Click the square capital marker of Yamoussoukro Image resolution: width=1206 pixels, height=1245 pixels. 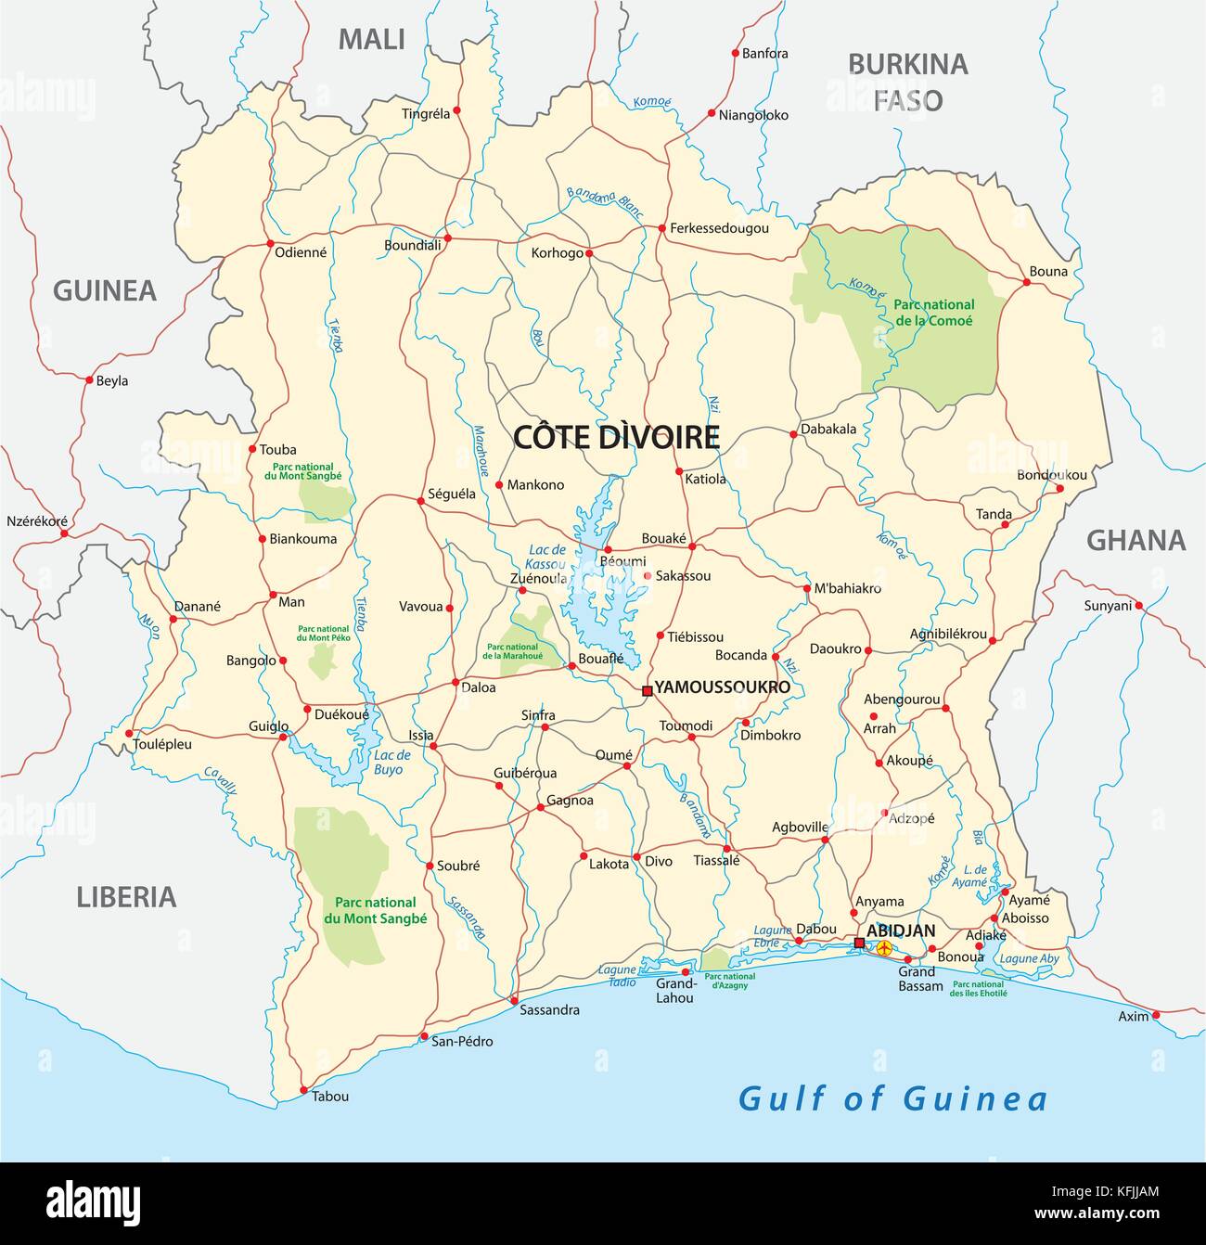(648, 690)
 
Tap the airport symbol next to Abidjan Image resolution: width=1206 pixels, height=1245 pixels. (884, 948)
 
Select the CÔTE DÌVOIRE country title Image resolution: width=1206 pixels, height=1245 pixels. (617, 437)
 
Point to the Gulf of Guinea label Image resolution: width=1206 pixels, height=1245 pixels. (892, 1099)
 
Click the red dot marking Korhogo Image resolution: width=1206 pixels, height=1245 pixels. (589, 252)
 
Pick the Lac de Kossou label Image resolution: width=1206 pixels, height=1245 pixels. (545, 557)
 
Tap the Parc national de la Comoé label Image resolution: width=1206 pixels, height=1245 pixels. (933, 312)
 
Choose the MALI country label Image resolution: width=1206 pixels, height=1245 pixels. (371, 39)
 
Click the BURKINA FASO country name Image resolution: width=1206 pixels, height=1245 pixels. (908, 82)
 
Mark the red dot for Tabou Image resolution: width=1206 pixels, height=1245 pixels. (303, 1090)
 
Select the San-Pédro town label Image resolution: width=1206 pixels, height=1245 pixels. (462, 1041)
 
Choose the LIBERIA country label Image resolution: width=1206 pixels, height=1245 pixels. (126, 896)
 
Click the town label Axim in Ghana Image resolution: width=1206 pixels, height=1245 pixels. (1133, 1016)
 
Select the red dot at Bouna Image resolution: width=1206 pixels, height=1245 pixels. (1026, 282)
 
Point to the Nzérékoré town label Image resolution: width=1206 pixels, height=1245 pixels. (37, 521)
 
